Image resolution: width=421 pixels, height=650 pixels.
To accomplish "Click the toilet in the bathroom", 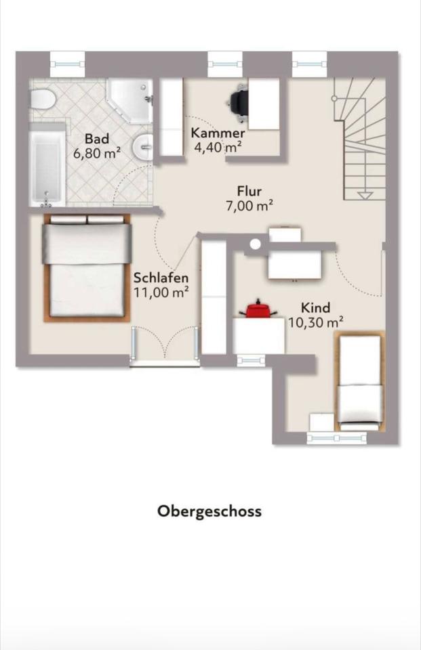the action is pyautogui.click(x=42, y=100).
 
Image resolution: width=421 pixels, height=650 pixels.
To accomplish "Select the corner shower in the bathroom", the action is pyautogui.click(x=129, y=100).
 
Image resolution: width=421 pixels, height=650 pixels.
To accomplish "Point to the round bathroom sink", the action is pyautogui.click(x=143, y=146).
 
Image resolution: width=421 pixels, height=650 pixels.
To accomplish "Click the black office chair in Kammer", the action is pyautogui.click(x=239, y=102).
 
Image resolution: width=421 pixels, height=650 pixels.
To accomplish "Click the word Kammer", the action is pyautogui.click(x=218, y=133).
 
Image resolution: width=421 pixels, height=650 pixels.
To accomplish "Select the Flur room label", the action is pyautogui.click(x=249, y=191).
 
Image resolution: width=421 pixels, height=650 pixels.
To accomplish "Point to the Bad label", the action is pyautogui.click(x=97, y=138).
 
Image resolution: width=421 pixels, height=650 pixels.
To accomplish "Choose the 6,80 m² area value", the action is pyautogui.click(x=97, y=153).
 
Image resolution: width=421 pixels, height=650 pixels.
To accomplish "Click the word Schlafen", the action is pyautogui.click(x=161, y=278).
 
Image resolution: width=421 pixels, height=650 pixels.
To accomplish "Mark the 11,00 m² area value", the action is pyautogui.click(x=161, y=292).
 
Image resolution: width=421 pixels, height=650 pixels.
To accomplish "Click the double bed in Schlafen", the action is pyautogui.click(x=87, y=268).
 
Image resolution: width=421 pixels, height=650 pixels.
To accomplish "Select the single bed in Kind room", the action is pyautogui.click(x=359, y=381).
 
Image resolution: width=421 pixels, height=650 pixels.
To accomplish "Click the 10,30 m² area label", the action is pyautogui.click(x=315, y=322).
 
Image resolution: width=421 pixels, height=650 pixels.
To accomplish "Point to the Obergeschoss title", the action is pyautogui.click(x=209, y=511).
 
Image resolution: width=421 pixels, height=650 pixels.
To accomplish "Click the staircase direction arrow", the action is pyautogui.click(x=365, y=196).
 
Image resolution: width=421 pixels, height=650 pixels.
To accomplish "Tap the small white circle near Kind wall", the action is pyautogui.click(x=256, y=244).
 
